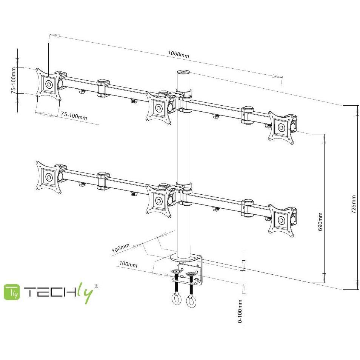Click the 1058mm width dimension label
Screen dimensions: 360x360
[178, 54]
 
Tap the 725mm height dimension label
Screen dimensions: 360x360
[354, 204]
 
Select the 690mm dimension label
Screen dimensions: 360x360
[320, 222]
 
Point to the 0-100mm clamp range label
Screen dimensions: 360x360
[240, 311]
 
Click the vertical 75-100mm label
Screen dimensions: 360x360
[14, 80]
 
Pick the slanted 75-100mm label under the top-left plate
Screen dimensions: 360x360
[74, 115]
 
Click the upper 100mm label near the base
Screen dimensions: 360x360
[120, 248]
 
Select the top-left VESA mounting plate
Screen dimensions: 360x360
[49, 85]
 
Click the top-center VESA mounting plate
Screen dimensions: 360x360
[158, 108]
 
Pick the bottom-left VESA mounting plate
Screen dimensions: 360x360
[49, 177]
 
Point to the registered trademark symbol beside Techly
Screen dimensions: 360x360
[97, 286]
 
